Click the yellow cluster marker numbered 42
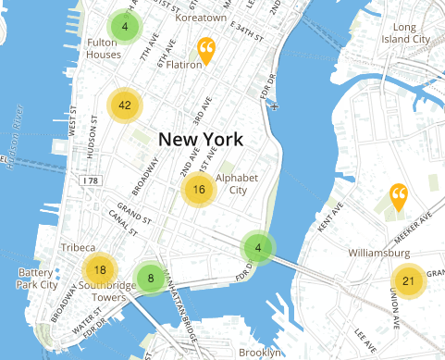pos(124,106)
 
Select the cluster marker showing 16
pos(198,190)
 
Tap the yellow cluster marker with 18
pos(100,270)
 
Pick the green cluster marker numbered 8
pos(149,277)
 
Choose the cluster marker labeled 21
pos(408,281)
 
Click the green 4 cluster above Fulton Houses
pos(124,27)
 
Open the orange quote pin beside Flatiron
pos(206,50)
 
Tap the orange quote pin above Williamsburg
pos(399,196)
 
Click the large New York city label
pos(201,140)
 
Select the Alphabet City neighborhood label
pos(230,183)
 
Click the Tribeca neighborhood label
pos(78,248)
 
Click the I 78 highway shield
pos(90,180)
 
